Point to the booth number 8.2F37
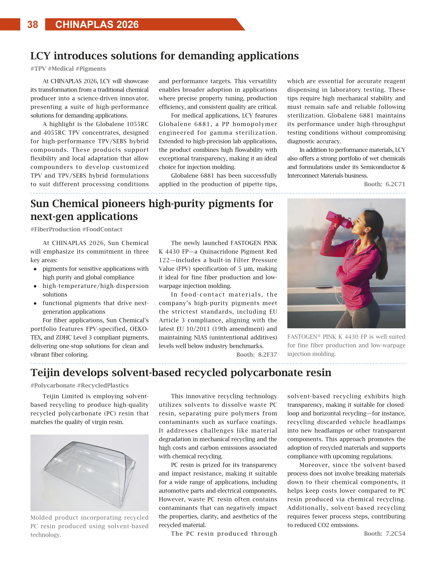[267, 355]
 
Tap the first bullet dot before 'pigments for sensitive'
[35, 269]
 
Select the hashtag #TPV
[38, 69]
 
